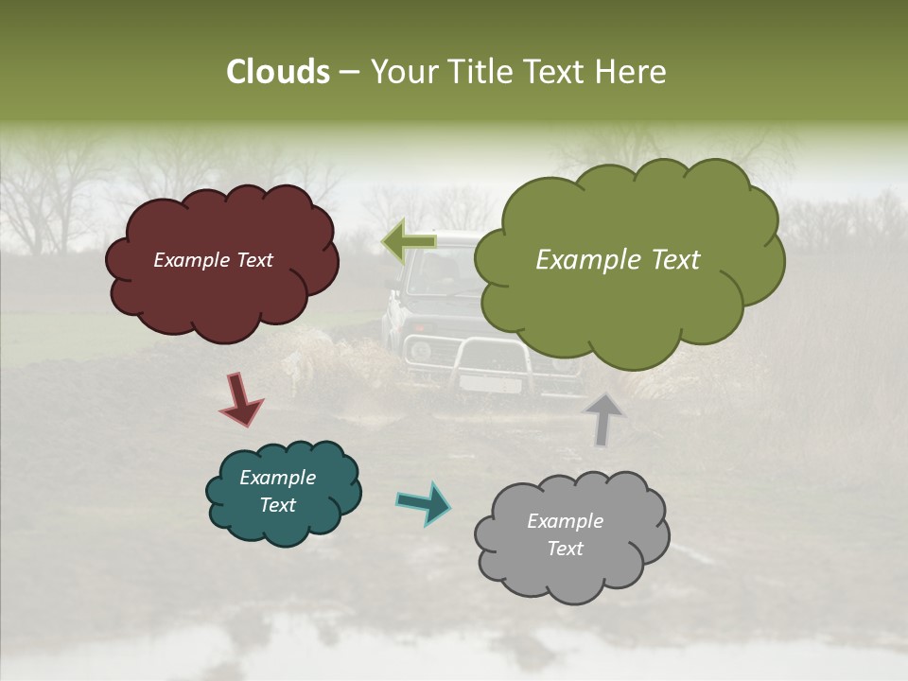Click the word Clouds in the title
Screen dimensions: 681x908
(277, 72)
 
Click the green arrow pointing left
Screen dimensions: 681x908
(409, 241)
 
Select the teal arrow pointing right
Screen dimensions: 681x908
(424, 502)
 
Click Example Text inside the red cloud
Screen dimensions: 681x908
(213, 260)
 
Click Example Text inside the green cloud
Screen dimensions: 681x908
(618, 260)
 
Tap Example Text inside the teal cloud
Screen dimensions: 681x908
(277, 491)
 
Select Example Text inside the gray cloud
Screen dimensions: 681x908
(565, 534)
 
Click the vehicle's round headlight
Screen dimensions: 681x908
(419, 351)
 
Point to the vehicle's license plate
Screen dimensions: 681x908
(490, 384)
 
